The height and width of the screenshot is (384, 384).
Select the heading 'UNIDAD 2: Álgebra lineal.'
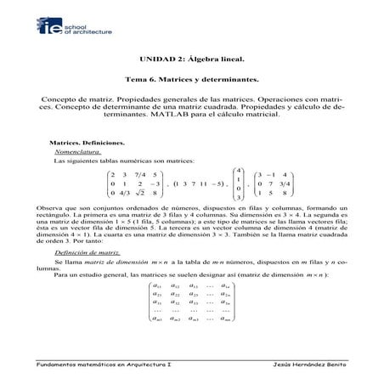click(x=191, y=60)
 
